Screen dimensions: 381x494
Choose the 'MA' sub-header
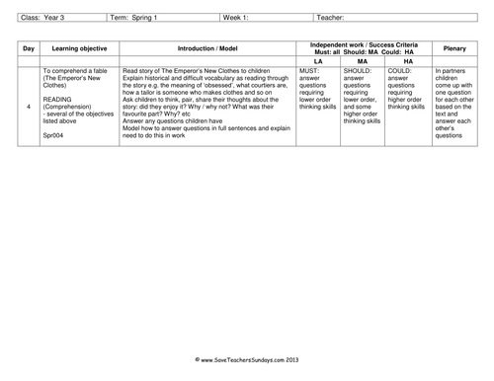(x=363, y=59)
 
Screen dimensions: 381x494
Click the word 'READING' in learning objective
(x=58, y=100)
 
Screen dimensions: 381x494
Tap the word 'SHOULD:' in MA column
(x=359, y=72)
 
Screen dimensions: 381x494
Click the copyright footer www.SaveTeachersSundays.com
(x=247, y=363)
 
